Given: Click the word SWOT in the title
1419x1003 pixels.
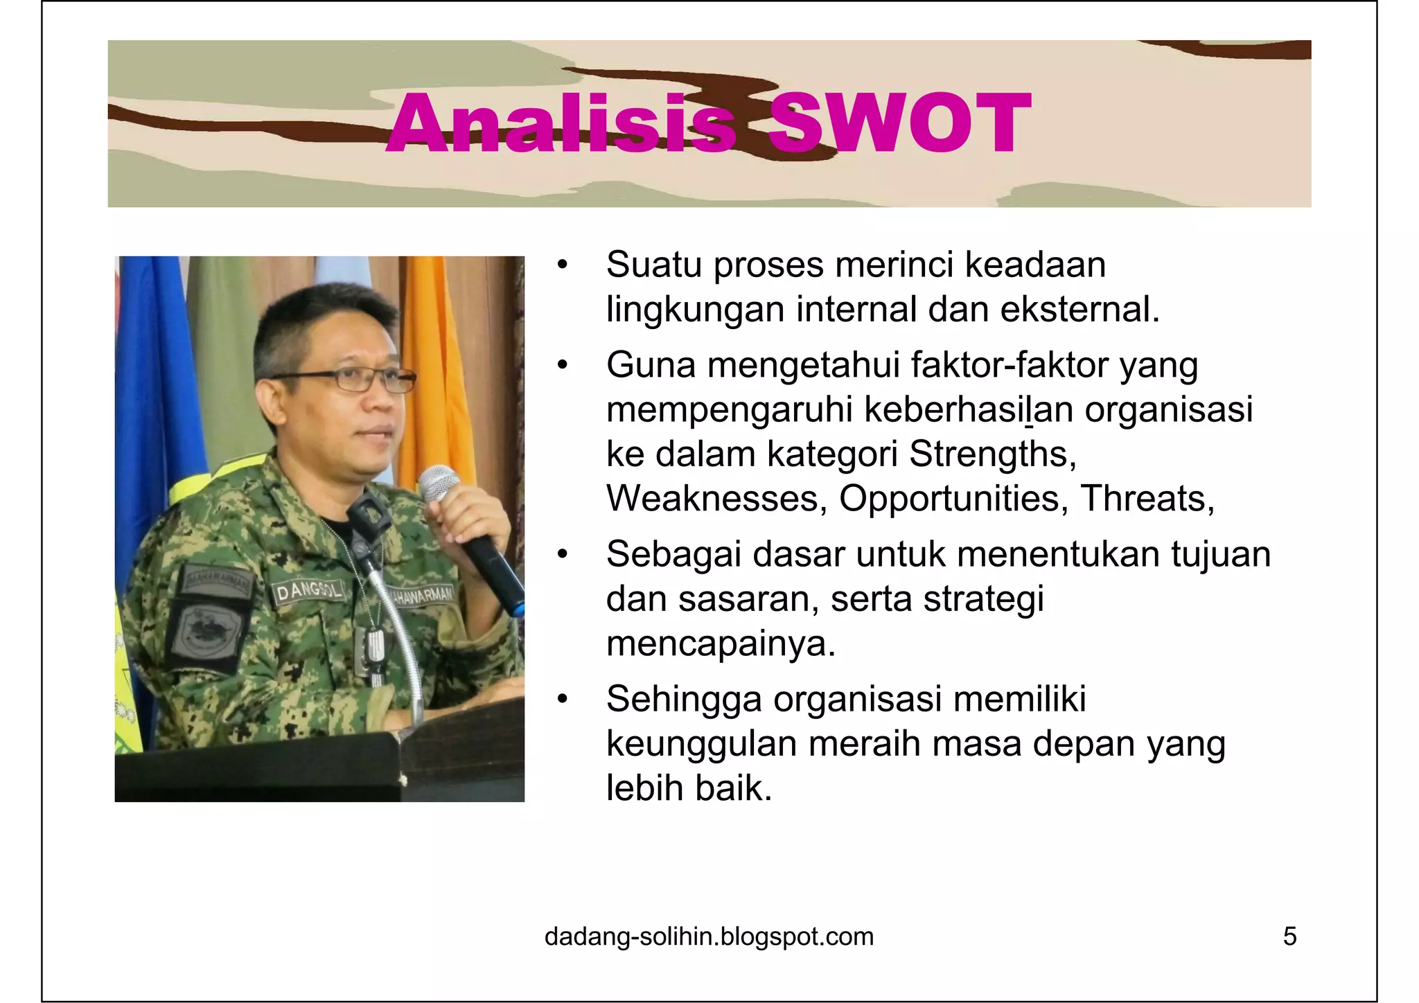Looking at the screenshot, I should [x=899, y=125].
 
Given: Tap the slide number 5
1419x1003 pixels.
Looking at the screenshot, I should [x=1289, y=937].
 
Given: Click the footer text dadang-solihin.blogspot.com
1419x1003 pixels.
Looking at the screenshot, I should [x=709, y=937].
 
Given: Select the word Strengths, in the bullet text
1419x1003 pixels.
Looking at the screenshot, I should [x=992, y=455].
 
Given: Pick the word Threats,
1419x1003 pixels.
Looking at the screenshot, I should [x=1147, y=499].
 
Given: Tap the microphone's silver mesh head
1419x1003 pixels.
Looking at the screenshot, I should [x=438, y=483].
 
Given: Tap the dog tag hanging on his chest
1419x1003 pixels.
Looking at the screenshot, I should [x=375, y=648].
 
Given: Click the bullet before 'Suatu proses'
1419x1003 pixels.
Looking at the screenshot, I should [x=562, y=265].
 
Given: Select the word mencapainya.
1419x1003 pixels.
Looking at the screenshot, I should [x=721, y=644].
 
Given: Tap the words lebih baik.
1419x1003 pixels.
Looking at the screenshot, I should [x=689, y=788].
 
